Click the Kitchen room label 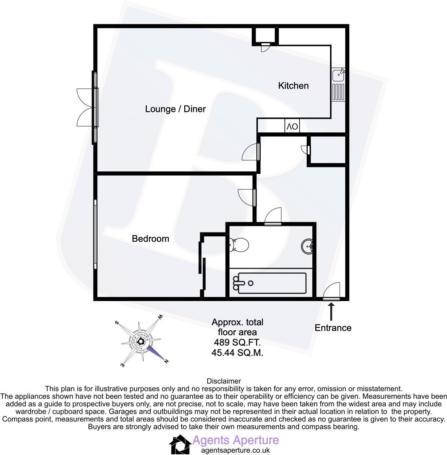click(x=293, y=86)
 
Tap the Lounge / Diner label click(x=175, y=109)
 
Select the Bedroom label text click(x=150, y=239)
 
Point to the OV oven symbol click(x=292, y=127)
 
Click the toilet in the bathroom click(x=239, y=245)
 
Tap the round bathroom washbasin click(x=308, y=246)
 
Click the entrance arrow click(x=331, y=312)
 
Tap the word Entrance click(x=333, y=328)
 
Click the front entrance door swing click(x=332, y=291)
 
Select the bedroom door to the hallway click(x=247, y=197)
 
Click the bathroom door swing click(x=273, y=216)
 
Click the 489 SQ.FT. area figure click(x=237, y=343)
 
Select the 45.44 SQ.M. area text click(x=237, y=353)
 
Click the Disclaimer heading click(x=223, y=381)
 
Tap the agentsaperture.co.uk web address click(x=235, y=450)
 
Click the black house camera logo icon click(x=180, y=444)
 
